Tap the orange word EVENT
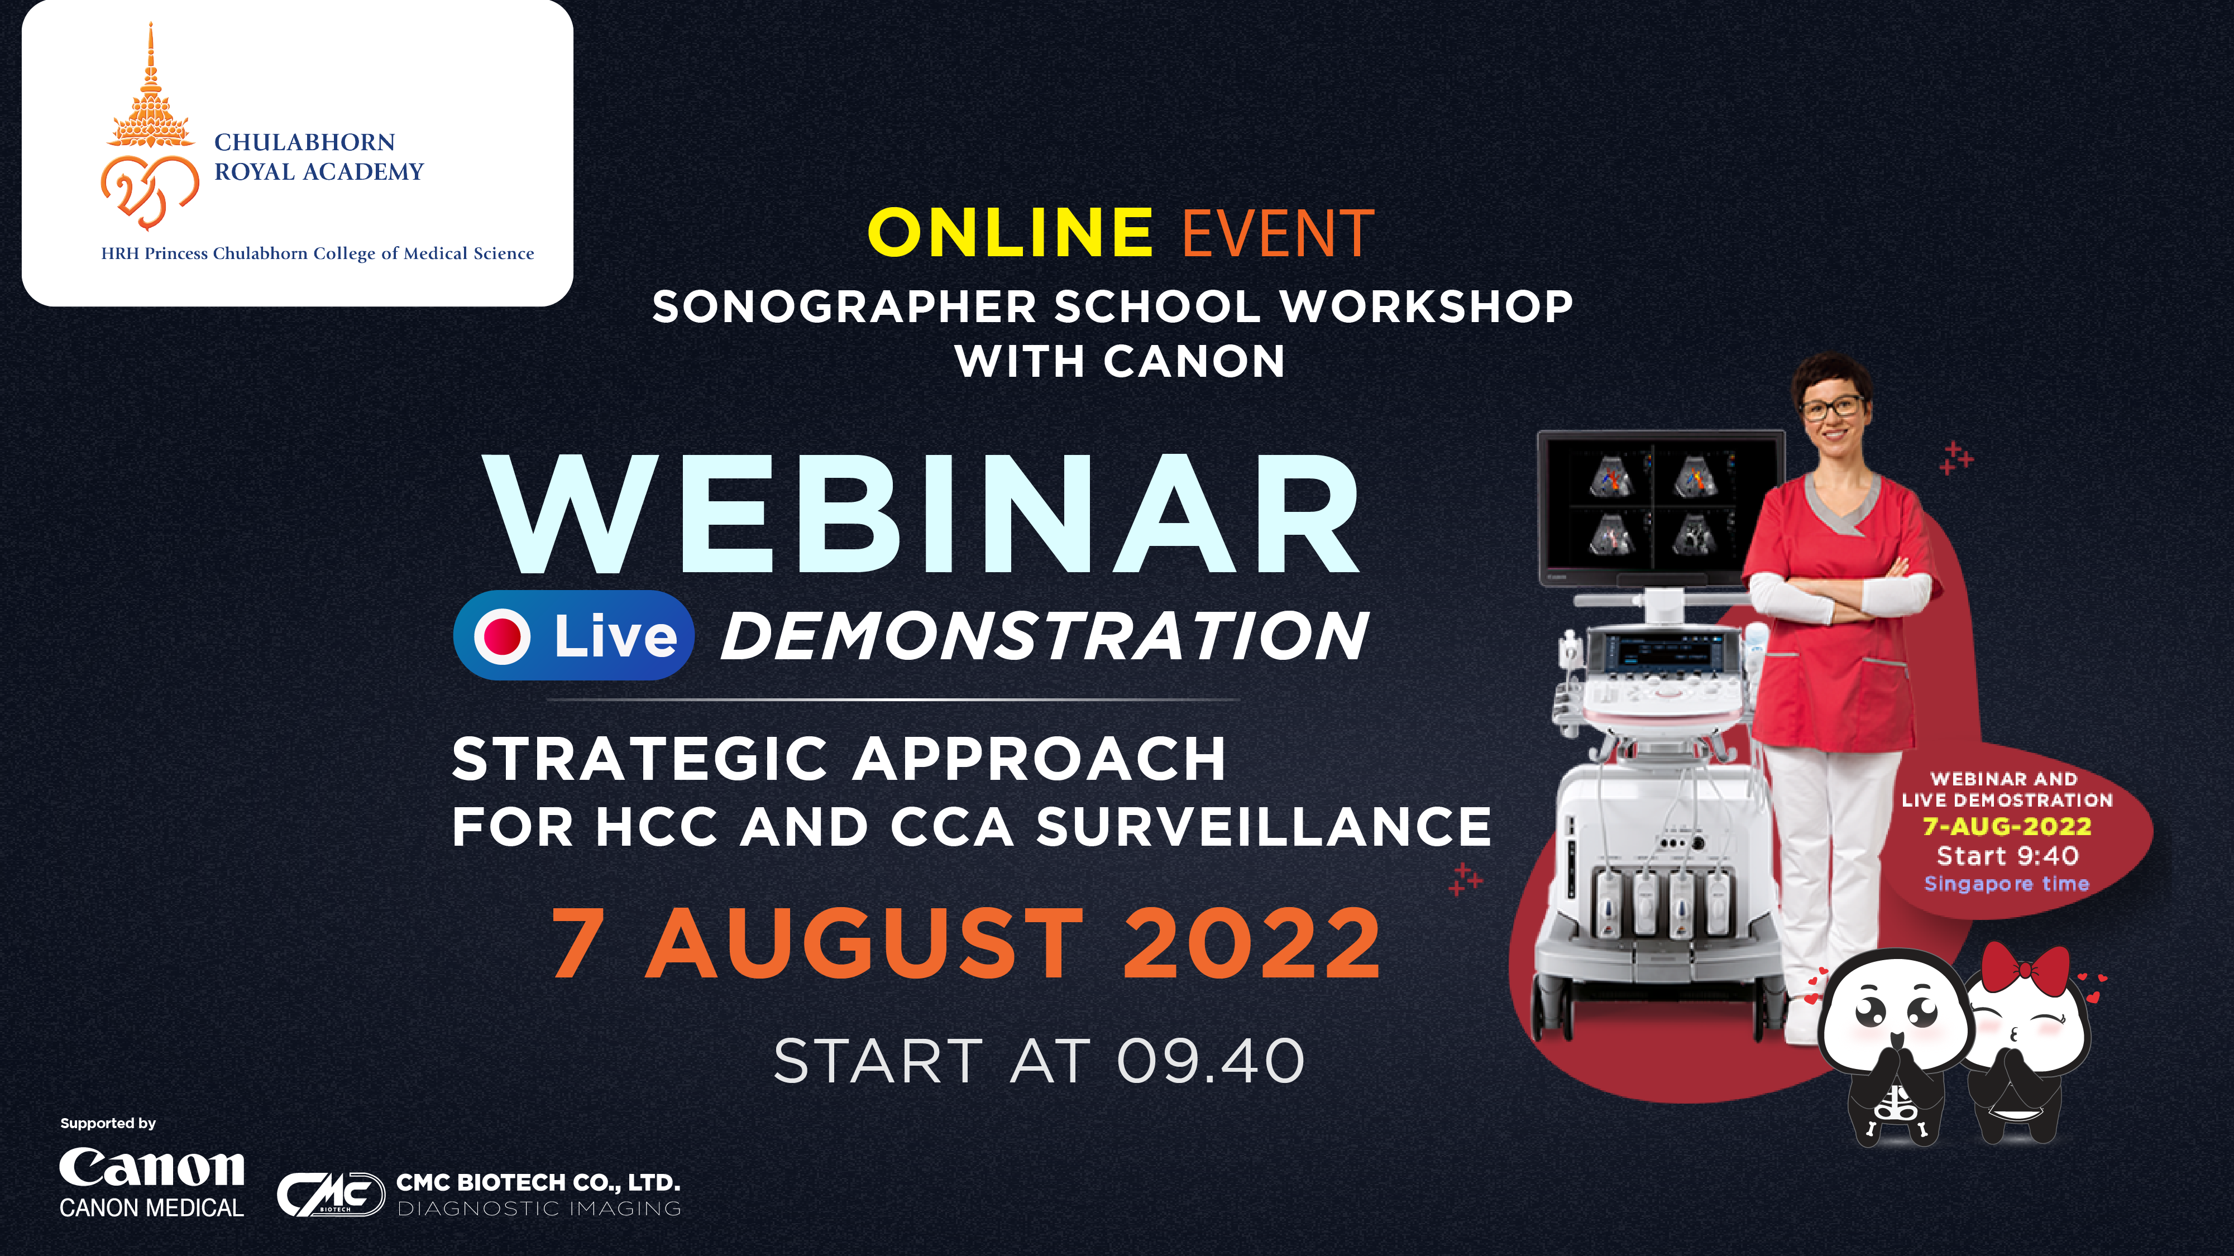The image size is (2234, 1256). pyautogui.click(x=1278, y=233)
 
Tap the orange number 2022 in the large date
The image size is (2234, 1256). pyautogui.click(x=1251, y=942)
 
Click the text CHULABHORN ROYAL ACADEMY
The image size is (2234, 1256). pyautogui.click(x=318, y=156)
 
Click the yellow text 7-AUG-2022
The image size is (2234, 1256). pyautogui.click(x=2007, y=826)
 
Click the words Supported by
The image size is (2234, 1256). pyautogui.click(x=108, y=1123)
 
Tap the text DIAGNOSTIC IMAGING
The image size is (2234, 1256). pyautogui.click(x=539, y=1209)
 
